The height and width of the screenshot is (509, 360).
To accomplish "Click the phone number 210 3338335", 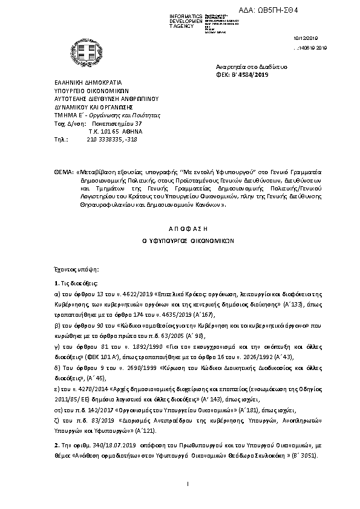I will click(x=104, y=139).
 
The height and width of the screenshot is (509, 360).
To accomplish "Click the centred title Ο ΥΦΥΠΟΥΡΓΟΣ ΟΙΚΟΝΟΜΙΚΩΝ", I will click(x=179, y=240).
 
